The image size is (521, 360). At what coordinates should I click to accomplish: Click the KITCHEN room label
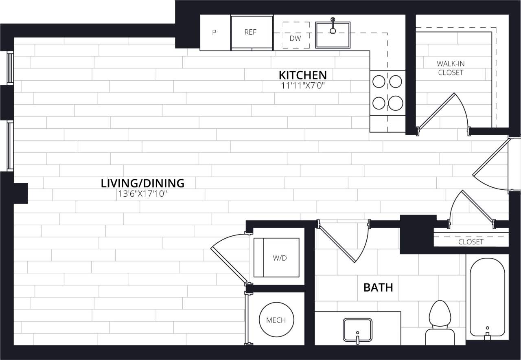302,75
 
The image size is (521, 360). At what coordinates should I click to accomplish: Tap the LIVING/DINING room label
142,183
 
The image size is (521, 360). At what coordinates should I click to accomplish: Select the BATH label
378,288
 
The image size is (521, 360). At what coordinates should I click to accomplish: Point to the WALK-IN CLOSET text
451,68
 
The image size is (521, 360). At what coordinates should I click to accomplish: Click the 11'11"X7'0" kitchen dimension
302,86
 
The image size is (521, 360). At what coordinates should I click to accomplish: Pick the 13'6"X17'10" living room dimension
142,194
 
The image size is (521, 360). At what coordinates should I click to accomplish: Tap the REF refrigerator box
251,33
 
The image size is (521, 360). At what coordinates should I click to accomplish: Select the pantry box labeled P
215,33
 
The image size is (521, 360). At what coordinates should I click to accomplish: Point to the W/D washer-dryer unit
276,257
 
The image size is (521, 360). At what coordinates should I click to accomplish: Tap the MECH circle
276,320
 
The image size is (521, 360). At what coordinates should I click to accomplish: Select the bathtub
487,297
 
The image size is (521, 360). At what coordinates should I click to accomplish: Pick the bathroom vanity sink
357,329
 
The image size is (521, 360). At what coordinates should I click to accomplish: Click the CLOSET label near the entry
471,242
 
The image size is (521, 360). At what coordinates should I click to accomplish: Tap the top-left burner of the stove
379,82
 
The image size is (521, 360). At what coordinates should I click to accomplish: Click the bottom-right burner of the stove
395,103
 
